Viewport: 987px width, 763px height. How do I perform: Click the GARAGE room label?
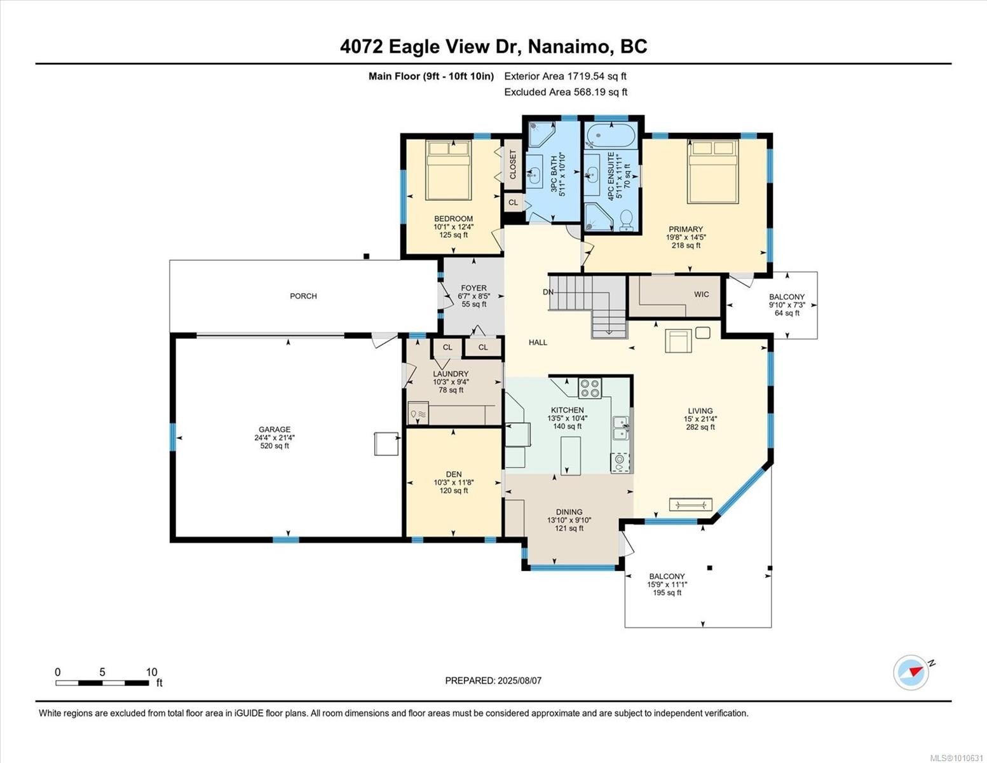274,429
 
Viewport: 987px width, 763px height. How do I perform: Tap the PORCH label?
303,296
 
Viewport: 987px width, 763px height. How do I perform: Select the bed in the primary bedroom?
712,171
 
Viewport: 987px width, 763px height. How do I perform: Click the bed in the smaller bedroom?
448,170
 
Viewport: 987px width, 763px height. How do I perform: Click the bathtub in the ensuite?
609,135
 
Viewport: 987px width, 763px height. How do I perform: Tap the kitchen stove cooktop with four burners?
590,387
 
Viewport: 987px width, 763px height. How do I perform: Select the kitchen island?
571,455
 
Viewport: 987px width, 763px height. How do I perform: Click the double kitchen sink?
620,428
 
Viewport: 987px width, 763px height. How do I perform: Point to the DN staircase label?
548,292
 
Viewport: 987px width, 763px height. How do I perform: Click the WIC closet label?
701,294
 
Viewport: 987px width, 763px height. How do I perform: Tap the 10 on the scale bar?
151,672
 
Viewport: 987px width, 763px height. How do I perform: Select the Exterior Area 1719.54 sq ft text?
565,76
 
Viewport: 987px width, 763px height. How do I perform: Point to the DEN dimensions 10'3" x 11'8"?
454,482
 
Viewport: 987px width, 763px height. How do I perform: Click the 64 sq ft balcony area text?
787,313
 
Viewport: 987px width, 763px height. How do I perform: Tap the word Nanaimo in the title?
569,46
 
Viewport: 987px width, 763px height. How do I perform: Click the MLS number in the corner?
957,757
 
